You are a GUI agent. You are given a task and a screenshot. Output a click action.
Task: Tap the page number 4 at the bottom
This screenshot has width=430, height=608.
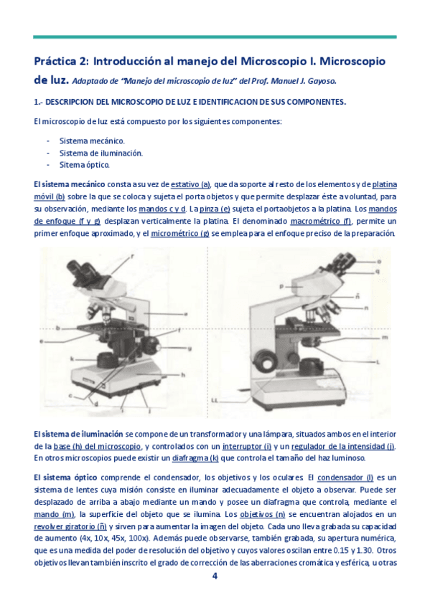215,575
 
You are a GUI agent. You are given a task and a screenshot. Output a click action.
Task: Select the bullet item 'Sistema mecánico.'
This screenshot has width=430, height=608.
92,141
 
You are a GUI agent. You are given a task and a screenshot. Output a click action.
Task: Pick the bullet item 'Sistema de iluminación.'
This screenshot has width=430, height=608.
101,153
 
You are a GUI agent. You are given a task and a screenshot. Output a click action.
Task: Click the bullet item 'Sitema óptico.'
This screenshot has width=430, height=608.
85,164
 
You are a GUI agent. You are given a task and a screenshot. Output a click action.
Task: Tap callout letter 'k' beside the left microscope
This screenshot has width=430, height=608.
72,358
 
